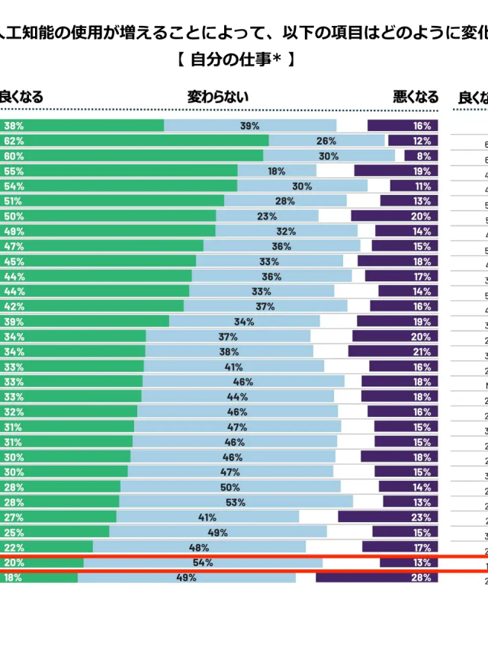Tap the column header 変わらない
tap(218, 98)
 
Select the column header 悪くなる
tap(416, 98)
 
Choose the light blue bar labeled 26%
tap(326, 141)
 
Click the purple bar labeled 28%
tap(377, 578)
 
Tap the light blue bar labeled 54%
tap(203, 562)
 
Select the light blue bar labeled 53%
tap(236, 502)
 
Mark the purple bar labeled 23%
tap(388, 517)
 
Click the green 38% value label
tap(13, 126)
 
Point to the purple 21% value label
tap(422, 351)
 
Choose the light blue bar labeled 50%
tap(230, 487)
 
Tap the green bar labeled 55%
tap(119, 171)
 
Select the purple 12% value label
tap(422, 141)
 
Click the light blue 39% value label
tap(249, 126)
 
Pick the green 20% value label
tap(13, 562)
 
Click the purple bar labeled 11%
tap(414, 186)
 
